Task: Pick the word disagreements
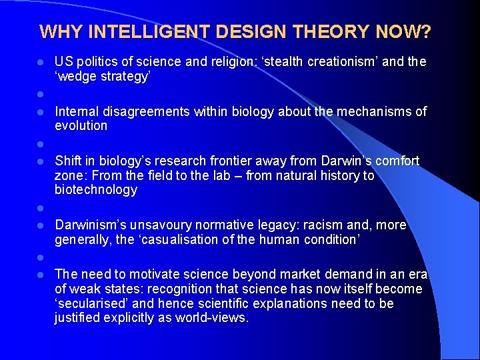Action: [147, 111]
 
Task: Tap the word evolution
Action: [81, 126]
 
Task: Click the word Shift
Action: [68, 161]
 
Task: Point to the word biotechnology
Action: [96, 190]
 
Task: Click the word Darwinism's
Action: [92, 225]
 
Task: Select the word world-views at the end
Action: [211, 318]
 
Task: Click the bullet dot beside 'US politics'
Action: [40, 62]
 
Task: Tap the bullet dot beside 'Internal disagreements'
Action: [40, 111]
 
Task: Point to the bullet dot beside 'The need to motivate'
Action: [40, 274]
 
